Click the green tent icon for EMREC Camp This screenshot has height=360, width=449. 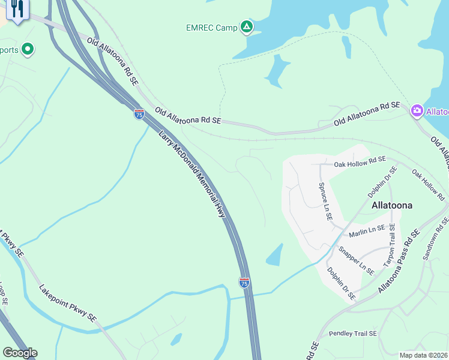tap(246, 26)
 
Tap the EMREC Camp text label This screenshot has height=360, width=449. tap(211, 27)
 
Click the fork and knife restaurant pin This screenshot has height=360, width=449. tap(17, 9)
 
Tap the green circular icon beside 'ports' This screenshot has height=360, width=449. tap(28, 49)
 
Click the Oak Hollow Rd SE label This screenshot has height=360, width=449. tap(360, 161)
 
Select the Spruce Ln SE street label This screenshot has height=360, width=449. tap(325, 201)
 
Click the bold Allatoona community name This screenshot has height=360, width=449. tap(392, 205)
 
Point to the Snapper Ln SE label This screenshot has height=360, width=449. tap(356, 260)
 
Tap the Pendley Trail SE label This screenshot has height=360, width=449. tap(352, 334)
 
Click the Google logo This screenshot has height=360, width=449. tap(20, 353)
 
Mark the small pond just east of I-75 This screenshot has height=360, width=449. tap(274, 254)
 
